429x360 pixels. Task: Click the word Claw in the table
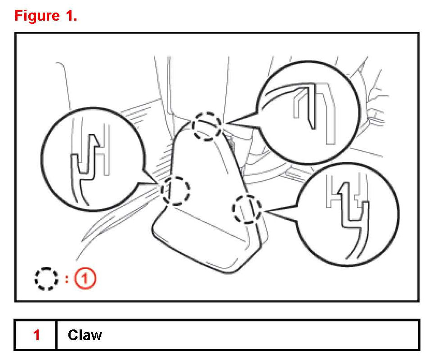pyautogui.click(x=85, y=335)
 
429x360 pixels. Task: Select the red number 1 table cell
pyautogui.click(x=36, y=335)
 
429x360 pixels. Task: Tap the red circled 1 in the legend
pyautogui.click(x=85, y=279)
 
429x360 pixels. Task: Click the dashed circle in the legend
pyautogui.click(x=46, y=279)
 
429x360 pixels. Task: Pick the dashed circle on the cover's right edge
pyautogui.click(x=246, y=209)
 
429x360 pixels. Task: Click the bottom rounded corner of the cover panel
pyautogui.click(x=234, y=270)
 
